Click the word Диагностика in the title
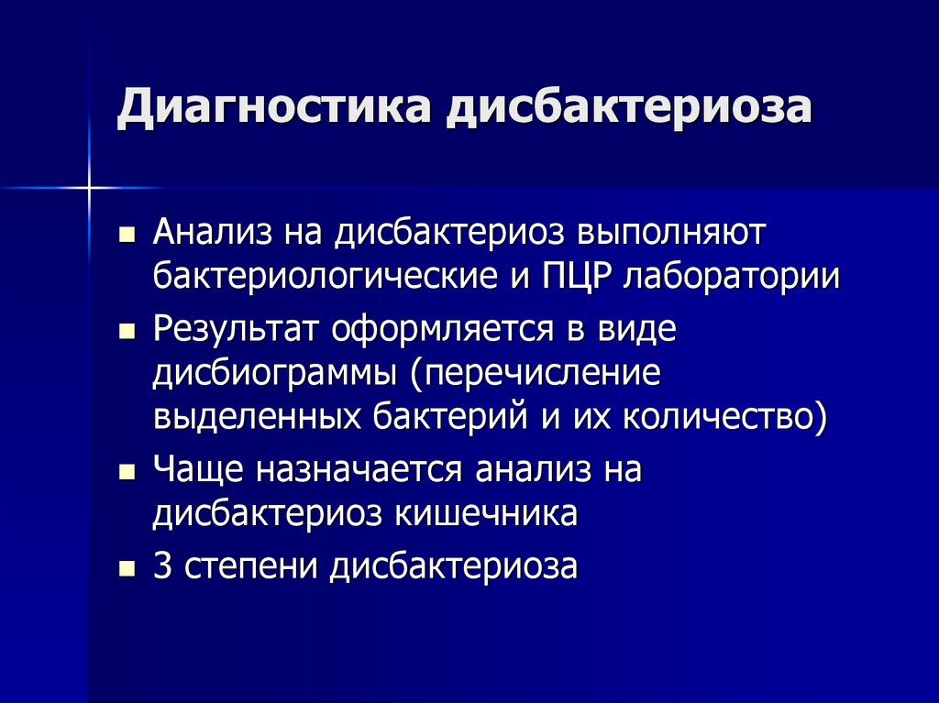(272, 108)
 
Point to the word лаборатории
(731, 277)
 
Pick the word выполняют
(669, 233)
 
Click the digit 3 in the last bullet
(162, 566)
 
